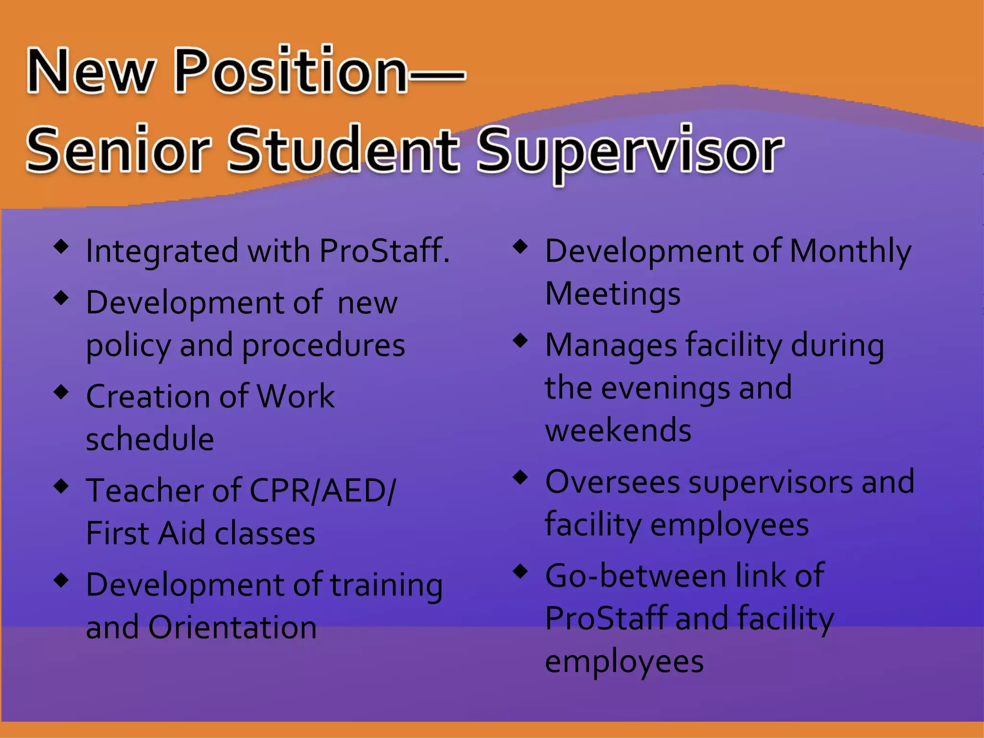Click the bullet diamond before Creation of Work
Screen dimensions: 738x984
[x=61, y=392]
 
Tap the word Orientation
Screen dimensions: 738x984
[x=233, y=627]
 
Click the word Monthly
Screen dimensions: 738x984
[x=850, y=252]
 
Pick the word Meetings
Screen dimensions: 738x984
[x=613, y=294]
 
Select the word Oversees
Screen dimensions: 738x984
[x=613, y=482]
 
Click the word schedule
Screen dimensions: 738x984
[x=150, y=439]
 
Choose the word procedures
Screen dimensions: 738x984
[x=323, y=346]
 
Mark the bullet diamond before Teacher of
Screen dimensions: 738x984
[x=61, y=486]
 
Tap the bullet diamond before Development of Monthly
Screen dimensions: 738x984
[x=520, y=247]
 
